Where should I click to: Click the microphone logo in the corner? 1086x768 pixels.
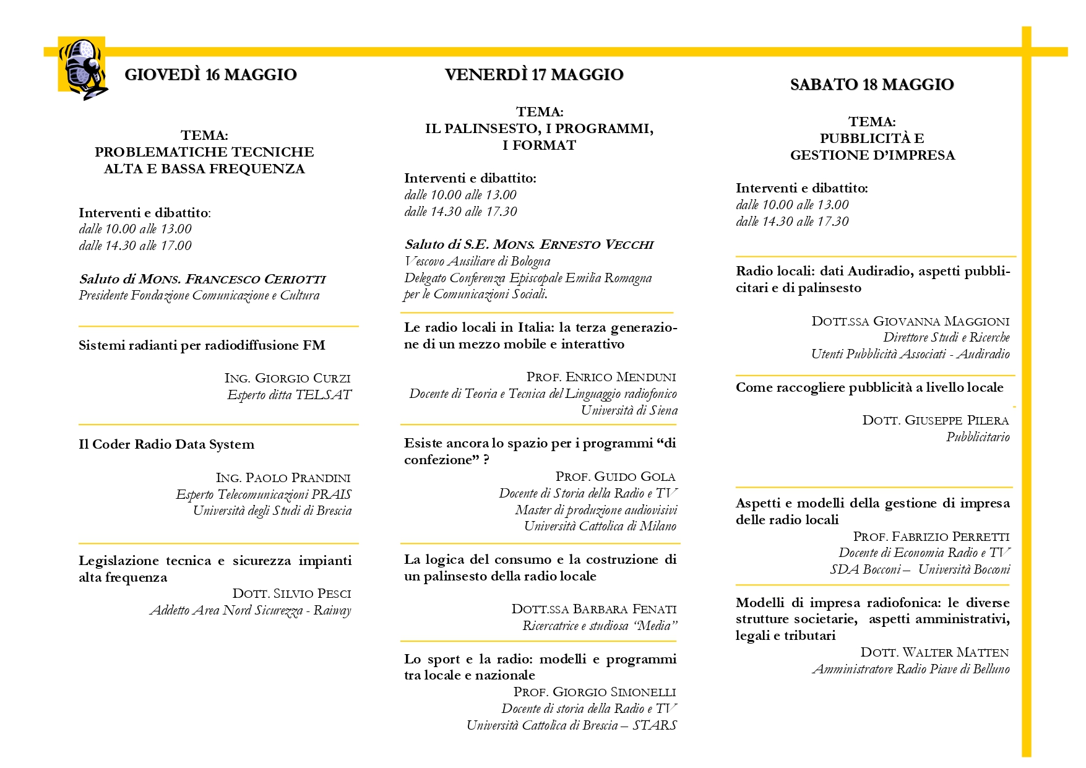pyautogui.click(x=83, y=68)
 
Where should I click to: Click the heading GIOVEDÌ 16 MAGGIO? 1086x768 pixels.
pyautogui.click(x=210, y=75)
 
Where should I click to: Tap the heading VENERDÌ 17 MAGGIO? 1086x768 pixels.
pyautogui.click(x=533, y=75)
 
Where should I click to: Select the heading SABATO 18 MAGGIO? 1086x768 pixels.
pyautogui.click(x=872, y=85)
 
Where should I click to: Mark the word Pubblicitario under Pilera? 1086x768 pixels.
pyautogui.click(x=978, y=437)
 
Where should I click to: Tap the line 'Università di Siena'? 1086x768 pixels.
pyautogui.click(x=629, y=410)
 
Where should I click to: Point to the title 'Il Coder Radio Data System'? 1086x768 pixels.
pyautogui.click(x=166, y=444)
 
